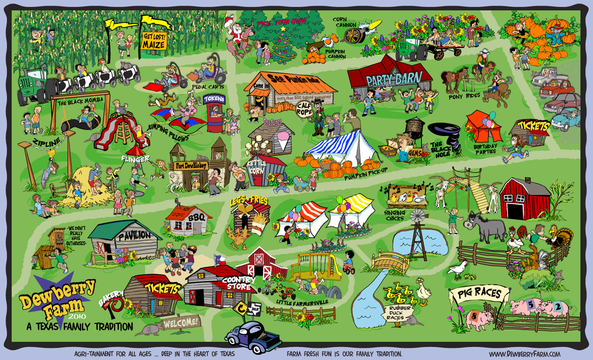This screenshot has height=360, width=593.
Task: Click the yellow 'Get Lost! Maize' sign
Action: pos(154,41)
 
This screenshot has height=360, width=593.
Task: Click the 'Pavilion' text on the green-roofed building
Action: pos(134,236)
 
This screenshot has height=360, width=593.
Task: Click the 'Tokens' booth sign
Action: pos(214,100)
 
